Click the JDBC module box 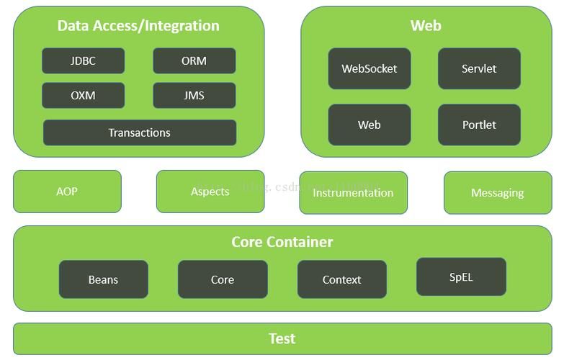[x=83, y=61]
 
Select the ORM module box [x=194, y=61]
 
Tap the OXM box [x=83, y=96]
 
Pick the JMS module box [x=194, y=96]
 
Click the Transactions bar [x=139, y=132]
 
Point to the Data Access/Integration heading [x=138, y=26]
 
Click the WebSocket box [x=369, y=69]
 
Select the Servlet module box [x=479, y=69]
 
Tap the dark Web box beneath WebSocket [x=369, y=125]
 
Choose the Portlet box [x=479, y=125]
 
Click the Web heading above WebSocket [x=426, y=26]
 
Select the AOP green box [x=67, y=192]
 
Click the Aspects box [x=210, y=192]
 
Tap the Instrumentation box [x=353, y=193]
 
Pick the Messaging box [x=497, y=193]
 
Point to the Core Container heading [x=282, y=242]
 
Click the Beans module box [x=103, y=279]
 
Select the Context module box [x=341, y=279]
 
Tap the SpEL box [x=461, y=277]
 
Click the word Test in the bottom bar [x=282, y=338]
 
